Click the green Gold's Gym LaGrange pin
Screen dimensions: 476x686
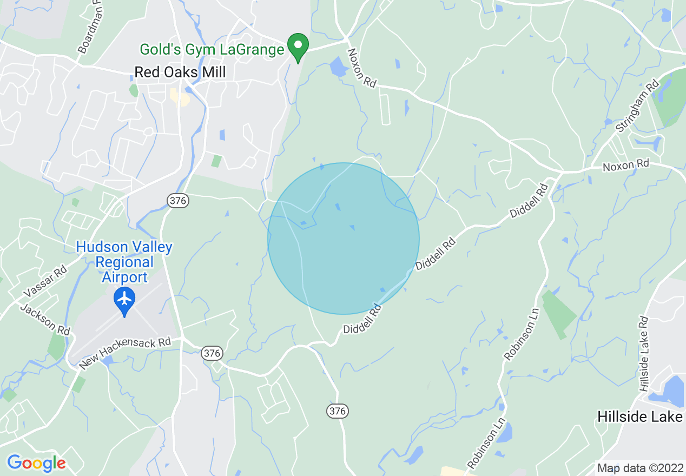click(x=297, y=48)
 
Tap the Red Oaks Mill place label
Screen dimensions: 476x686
click(x=180, y=72)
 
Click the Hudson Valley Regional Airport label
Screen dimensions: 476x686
click(x=124, y=262)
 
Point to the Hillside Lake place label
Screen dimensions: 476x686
click(x=639, y=416)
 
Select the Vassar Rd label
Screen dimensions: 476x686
click(x=45, y=281)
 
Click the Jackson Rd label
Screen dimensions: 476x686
click(x=45, y=319)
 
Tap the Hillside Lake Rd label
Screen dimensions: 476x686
click(x=643, y=354)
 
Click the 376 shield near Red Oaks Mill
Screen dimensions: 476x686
click(x=177, y=201)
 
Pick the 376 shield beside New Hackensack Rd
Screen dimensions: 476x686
click(x=212, y=353)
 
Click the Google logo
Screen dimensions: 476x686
click(x=36, y=462)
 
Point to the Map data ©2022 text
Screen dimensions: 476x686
click(x=639, y=468)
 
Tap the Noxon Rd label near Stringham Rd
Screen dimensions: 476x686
click(x=626, y=164)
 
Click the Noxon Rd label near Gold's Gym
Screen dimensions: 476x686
click(x=361, y=68)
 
